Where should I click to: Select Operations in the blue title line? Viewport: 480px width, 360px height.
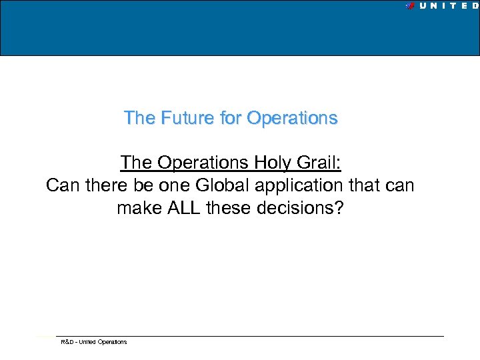tap(292, 118)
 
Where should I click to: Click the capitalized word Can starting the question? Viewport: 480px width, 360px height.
tap(61, 185)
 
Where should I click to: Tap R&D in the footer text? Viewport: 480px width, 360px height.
tap(67, 342)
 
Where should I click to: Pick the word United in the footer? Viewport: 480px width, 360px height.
tap(87, 342)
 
